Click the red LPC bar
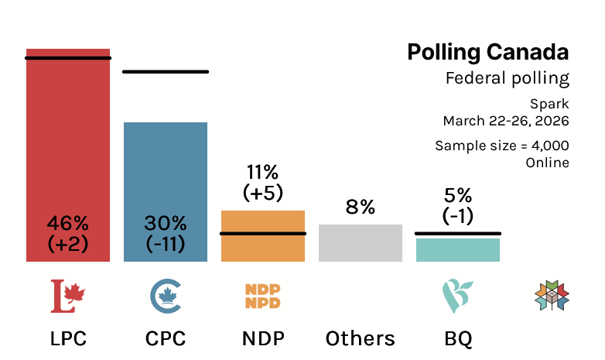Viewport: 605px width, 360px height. pos(68,139)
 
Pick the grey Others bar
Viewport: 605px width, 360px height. pos(361,243)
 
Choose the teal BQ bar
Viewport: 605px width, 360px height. pos(458,250)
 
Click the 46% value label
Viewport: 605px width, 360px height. pos(68,224)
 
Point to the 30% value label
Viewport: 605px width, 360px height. pos(166,224)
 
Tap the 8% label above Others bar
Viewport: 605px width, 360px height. pos(361,207)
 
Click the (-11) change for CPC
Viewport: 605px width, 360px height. pos(166,243)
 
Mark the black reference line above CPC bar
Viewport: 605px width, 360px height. pos(166,72)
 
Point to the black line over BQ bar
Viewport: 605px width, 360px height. pos(458,233)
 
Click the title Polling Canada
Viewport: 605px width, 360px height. pos(487,53)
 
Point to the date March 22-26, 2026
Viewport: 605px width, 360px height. pos(506,121)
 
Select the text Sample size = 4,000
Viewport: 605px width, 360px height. pos(501,146)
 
